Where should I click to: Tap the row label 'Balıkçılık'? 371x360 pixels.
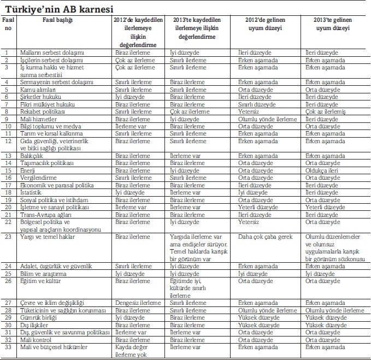coord(33,156)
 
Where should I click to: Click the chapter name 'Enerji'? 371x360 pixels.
coord(28,170)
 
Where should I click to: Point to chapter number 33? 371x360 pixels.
coord(7,347)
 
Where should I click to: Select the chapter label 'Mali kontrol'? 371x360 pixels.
coord(35,339)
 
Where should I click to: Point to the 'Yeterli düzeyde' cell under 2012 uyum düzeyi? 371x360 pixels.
coord(258,208)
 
